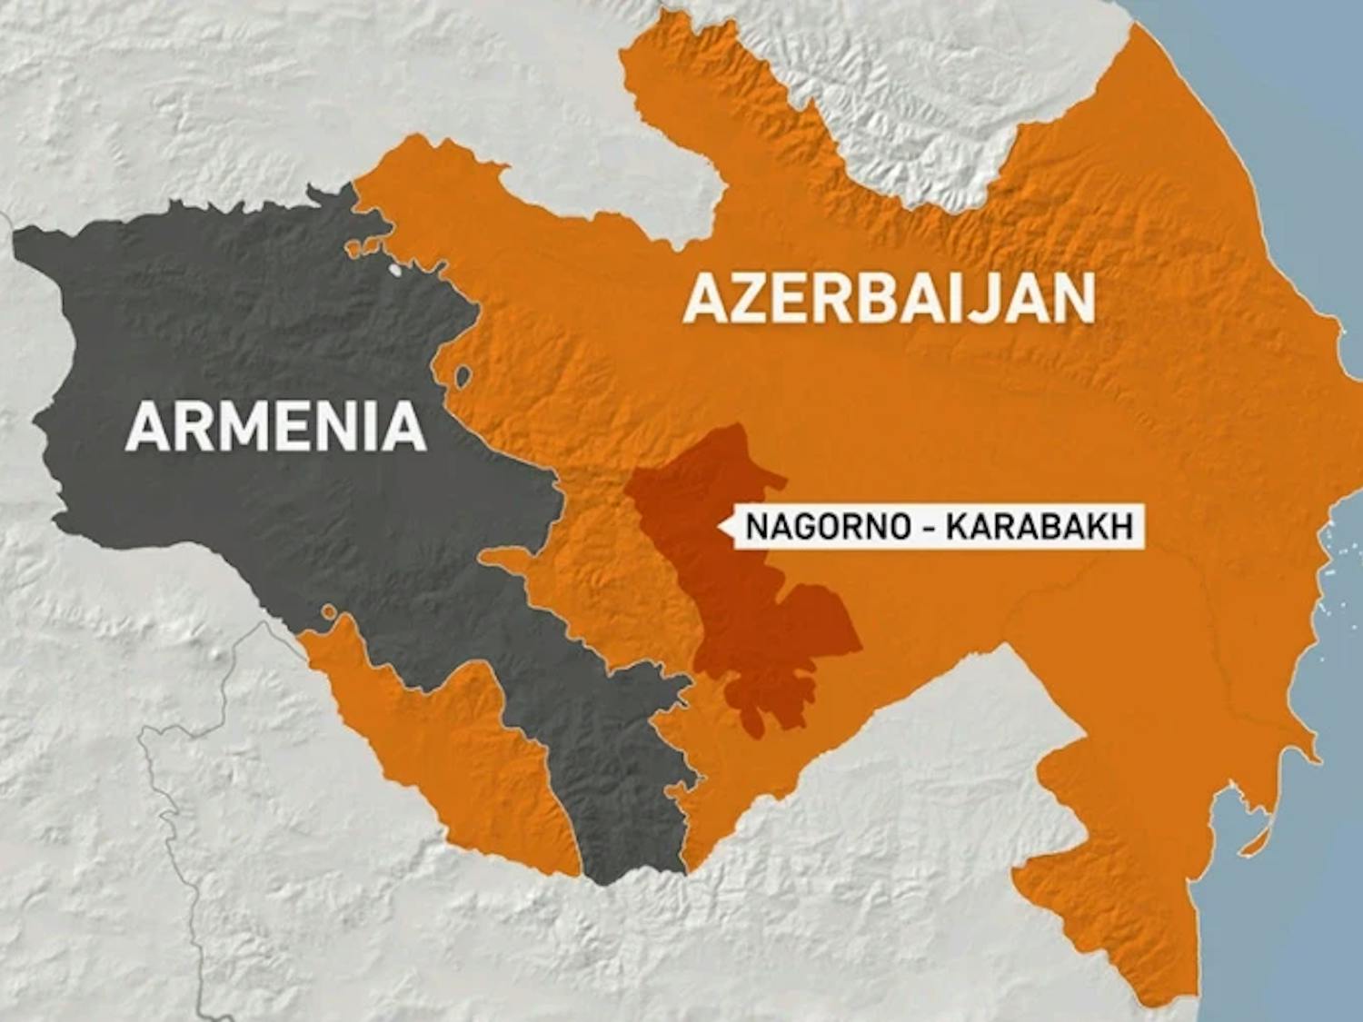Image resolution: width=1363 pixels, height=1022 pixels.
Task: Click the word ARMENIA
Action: coord(276,426)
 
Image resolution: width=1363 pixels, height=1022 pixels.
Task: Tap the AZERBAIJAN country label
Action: coord(890,299)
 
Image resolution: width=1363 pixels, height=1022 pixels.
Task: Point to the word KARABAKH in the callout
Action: coord(1040,527)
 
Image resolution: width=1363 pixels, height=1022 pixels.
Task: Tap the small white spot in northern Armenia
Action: coord(393,270)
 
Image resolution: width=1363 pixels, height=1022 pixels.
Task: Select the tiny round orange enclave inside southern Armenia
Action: coord(329,615)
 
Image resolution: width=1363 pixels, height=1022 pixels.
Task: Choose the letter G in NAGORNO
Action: coord(798,527)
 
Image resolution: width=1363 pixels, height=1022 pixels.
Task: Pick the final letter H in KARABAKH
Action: coord(1123,527)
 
